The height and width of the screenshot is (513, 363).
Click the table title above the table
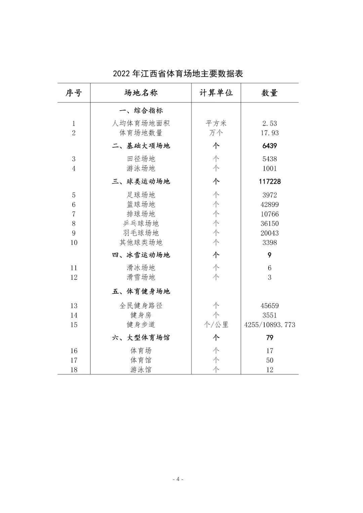(178, 74)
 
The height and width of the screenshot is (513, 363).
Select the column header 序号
(74, 93)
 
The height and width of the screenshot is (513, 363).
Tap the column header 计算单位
(216, 93)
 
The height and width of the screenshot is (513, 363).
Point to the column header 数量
(270, 93)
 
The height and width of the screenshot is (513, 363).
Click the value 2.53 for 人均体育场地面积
(270, 123)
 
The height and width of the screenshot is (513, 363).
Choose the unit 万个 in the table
(216, 133)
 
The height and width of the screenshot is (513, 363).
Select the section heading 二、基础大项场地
(141, 146)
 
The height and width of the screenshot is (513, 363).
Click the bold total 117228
(270, 181)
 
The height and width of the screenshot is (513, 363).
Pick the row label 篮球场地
(141, 204)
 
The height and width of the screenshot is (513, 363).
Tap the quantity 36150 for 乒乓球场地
(270, 223)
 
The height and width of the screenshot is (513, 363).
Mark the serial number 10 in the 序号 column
(74, 242)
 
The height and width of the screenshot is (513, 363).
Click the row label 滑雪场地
(141, 277)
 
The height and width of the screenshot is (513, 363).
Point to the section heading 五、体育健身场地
(141, 291)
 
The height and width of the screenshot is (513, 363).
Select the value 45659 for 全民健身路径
(270, 306)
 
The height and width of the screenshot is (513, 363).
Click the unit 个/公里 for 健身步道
(216, 325)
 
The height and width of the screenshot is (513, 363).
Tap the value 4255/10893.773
(270, 325)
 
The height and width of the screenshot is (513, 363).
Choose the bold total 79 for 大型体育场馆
(270, 338)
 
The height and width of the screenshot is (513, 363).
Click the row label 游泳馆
(141, 370)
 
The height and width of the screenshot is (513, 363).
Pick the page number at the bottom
(178, 479)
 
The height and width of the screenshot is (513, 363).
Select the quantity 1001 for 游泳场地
(270, 168)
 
